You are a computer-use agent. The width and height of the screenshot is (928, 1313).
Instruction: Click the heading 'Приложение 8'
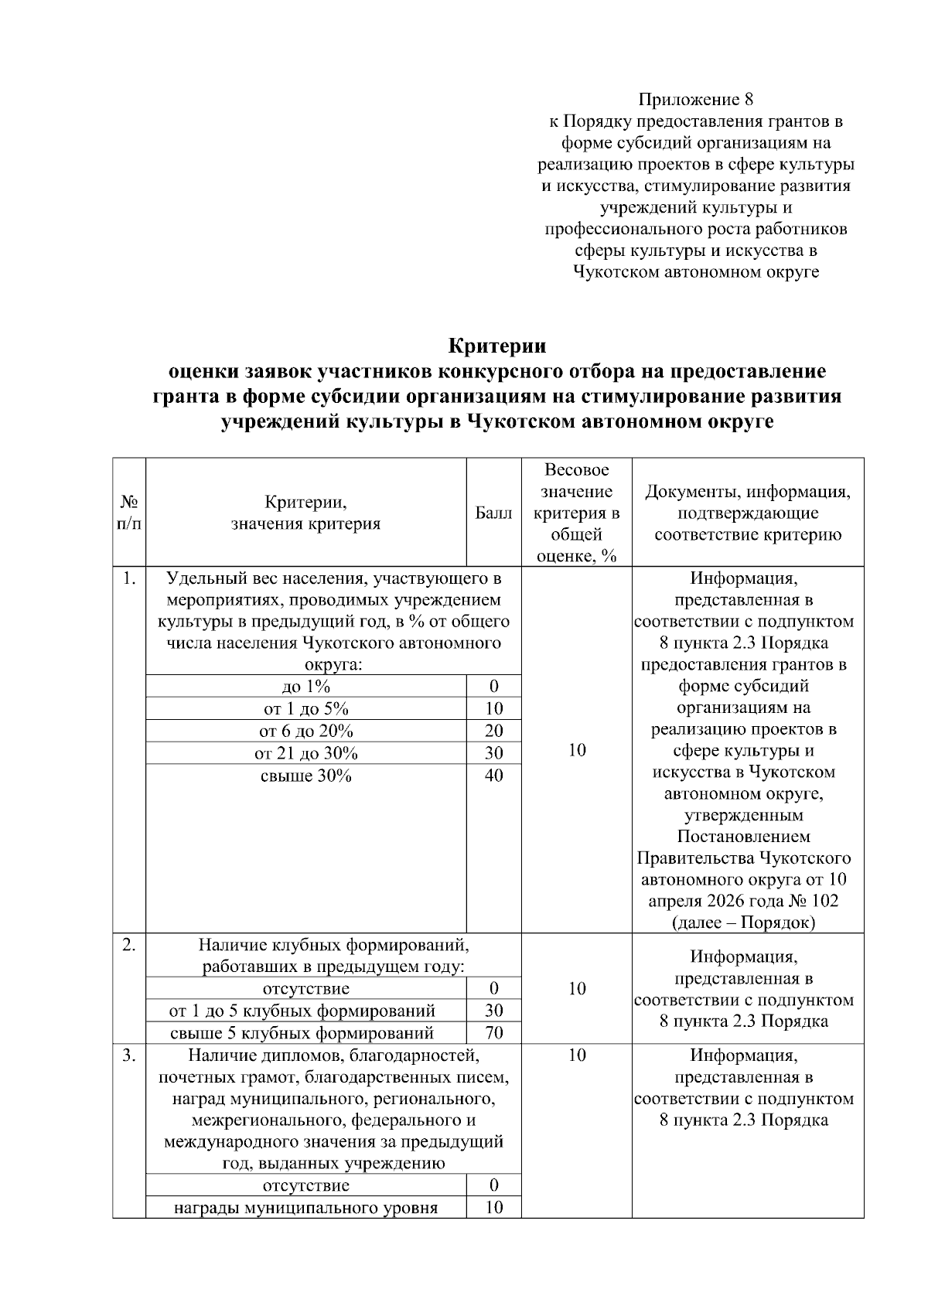tap(695, 100)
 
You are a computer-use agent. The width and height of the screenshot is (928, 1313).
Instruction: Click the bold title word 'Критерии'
tap(497, 346)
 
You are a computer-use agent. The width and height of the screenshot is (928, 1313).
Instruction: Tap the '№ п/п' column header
tap(129, 513)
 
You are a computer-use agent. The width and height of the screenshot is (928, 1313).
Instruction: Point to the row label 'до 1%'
tap(306, 687)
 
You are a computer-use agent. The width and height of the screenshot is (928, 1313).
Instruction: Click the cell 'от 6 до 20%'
tap(306, 731)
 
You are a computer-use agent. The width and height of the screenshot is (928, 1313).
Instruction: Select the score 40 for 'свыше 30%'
tap(493, 776)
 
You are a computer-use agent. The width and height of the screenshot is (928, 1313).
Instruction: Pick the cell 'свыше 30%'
tap(306, 776)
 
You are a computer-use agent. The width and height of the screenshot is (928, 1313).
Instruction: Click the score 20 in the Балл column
tap(493, 731)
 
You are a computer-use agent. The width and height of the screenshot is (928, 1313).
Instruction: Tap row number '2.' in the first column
tap(129, 944)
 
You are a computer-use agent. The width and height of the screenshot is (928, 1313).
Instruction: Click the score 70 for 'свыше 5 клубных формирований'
tap(493, 1033)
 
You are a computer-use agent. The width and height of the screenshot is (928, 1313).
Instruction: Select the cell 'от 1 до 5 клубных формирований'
tap(302, 1011)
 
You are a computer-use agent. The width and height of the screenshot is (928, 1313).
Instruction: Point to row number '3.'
tap(129, 1056)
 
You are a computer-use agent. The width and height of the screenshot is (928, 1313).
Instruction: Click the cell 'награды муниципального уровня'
tap(306, 1208)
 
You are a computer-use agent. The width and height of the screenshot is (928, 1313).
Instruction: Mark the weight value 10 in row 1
tap(576, 750)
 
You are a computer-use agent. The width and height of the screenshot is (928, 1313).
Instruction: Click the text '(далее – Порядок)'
tap(744, 923)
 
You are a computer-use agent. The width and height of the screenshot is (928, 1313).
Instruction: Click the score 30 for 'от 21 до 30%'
tap(493, 753)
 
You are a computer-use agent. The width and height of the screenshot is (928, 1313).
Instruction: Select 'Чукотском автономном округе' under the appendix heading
tap(695, 272)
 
